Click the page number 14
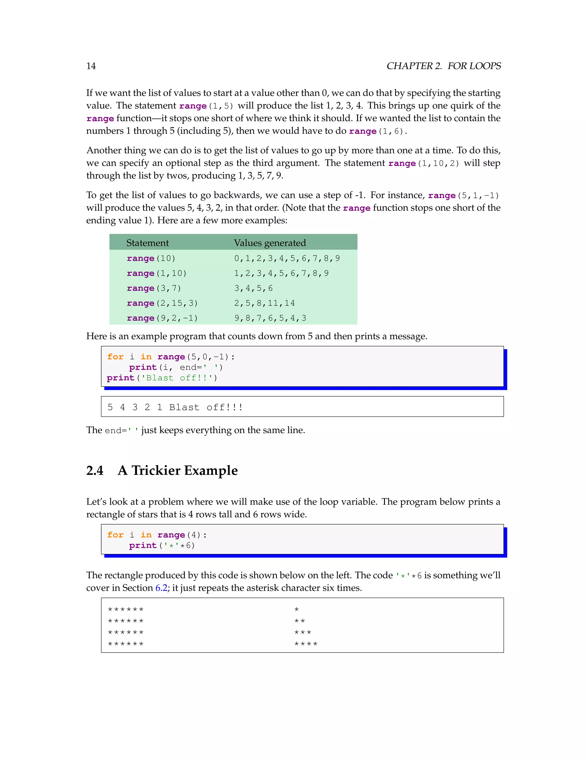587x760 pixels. (91, 66)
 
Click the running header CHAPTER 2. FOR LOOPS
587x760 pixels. (443, 66)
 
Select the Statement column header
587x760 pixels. (147, 243)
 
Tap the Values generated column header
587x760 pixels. (270, 243)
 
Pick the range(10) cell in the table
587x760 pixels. (151, 258)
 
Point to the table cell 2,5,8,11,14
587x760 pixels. (264, 303)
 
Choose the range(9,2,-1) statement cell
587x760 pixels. (162, 318)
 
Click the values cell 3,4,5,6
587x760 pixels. (253, 288)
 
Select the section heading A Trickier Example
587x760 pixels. (178, 470)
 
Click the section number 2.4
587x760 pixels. (95, 470)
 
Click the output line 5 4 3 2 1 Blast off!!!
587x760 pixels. (175, 407)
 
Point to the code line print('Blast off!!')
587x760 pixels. (162, 378)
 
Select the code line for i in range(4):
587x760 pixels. (157, 535)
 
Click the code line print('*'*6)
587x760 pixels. (162, 545)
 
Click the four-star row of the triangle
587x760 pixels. (306, 644)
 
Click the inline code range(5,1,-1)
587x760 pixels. (463, 196)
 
